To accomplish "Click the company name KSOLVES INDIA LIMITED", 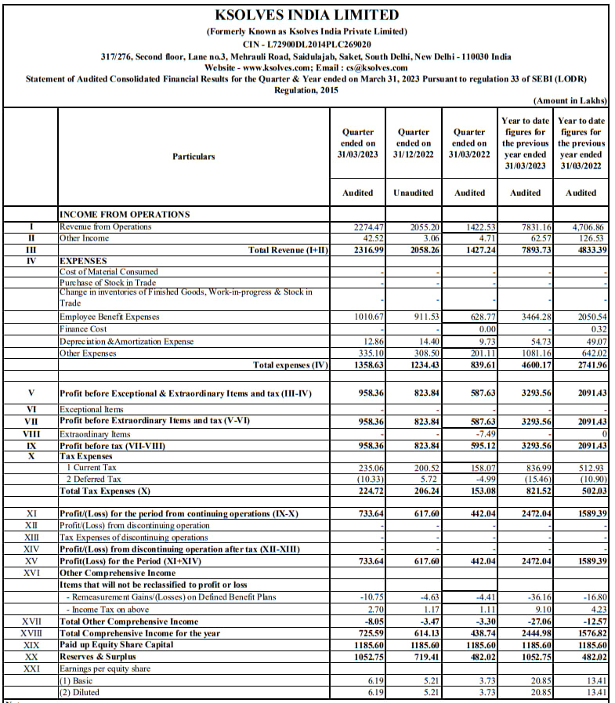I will pos(306,15).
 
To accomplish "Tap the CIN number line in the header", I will pos(306,45).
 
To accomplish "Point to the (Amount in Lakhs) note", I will pos(570,101).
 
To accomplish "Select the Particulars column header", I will pos(194,157).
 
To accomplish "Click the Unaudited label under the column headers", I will pos(414,193).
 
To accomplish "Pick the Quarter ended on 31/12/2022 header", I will pos(414,143).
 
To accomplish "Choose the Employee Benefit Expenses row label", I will pos(109,317).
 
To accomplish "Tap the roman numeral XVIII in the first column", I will pos(31,633).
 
